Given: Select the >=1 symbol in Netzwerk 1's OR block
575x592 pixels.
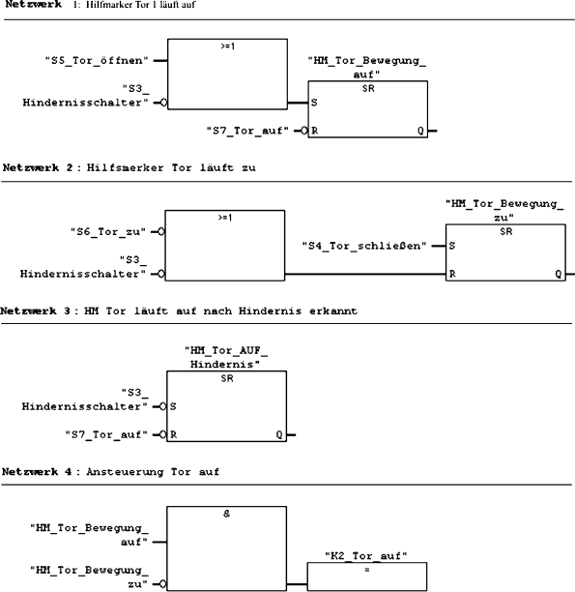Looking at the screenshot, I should pyautogui.click(x=226, y=44).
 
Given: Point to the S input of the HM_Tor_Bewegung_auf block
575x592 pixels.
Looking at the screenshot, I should pyautogui.click(x=315, y=102).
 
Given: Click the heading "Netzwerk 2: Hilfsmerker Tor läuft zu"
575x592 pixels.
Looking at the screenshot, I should pyautogui.click(x=134, y=167).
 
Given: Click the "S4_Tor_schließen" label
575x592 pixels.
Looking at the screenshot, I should pyautogui.click(x=366, y=246).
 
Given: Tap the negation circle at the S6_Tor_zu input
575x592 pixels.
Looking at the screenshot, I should pyautogui.click(x=161, y=232).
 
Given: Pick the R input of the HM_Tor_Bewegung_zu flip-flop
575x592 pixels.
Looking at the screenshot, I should pyautogui.click(x=452, y=275).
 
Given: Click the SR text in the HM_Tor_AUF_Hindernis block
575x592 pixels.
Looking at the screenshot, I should pyautogui.click(x=226, y=378).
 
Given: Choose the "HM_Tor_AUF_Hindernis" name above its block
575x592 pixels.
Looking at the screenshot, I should pyautogui.click(x=224, y=358).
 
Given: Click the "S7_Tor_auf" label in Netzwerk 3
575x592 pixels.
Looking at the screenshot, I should pyautogui.click(x=105, y=435).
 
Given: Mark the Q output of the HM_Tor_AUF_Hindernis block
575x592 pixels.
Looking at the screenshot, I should pyautogui.click(x=279, y=435).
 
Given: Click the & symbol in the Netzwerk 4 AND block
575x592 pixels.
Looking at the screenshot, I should pyautogui.click(x=226, y=514).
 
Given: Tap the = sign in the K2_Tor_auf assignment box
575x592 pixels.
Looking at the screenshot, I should pyautogui.click(x=366, y=568).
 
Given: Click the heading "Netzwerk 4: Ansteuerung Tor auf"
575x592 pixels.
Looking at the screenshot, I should pyautogui.click(x=111, y=471).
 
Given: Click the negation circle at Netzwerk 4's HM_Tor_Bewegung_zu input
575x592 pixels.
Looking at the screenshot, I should pyautogui.click(x=161, y=584).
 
